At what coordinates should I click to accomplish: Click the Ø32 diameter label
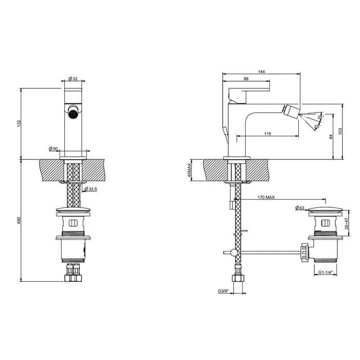click(x=73, y=79)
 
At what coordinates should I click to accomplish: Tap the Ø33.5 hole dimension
click(x=91, y=189)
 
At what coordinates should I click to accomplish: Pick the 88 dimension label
click(x=245, y=79)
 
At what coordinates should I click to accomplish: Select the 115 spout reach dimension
click(x=267, y=134)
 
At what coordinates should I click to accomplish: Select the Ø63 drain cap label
click(x=300, y=208)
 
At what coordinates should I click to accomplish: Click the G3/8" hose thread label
click(x=223, y=291)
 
